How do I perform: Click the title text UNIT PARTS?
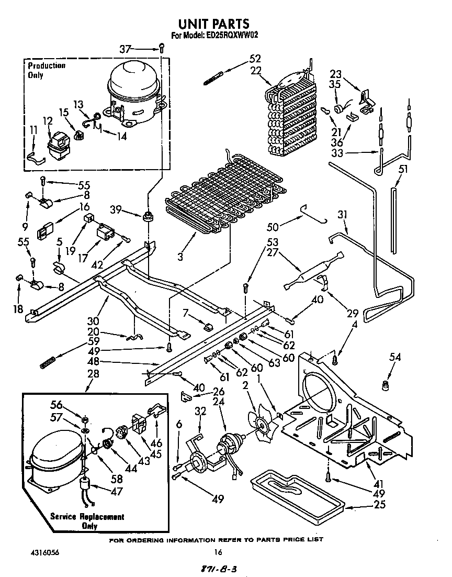click(214, 24)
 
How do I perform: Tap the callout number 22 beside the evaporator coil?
click(255, 71)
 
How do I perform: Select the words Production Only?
click(47, 70)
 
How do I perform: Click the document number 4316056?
click(39, 551)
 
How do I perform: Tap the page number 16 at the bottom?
click(219, 551)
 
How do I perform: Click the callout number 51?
click(403, 169)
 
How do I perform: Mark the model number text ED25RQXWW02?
click(231, 36)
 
